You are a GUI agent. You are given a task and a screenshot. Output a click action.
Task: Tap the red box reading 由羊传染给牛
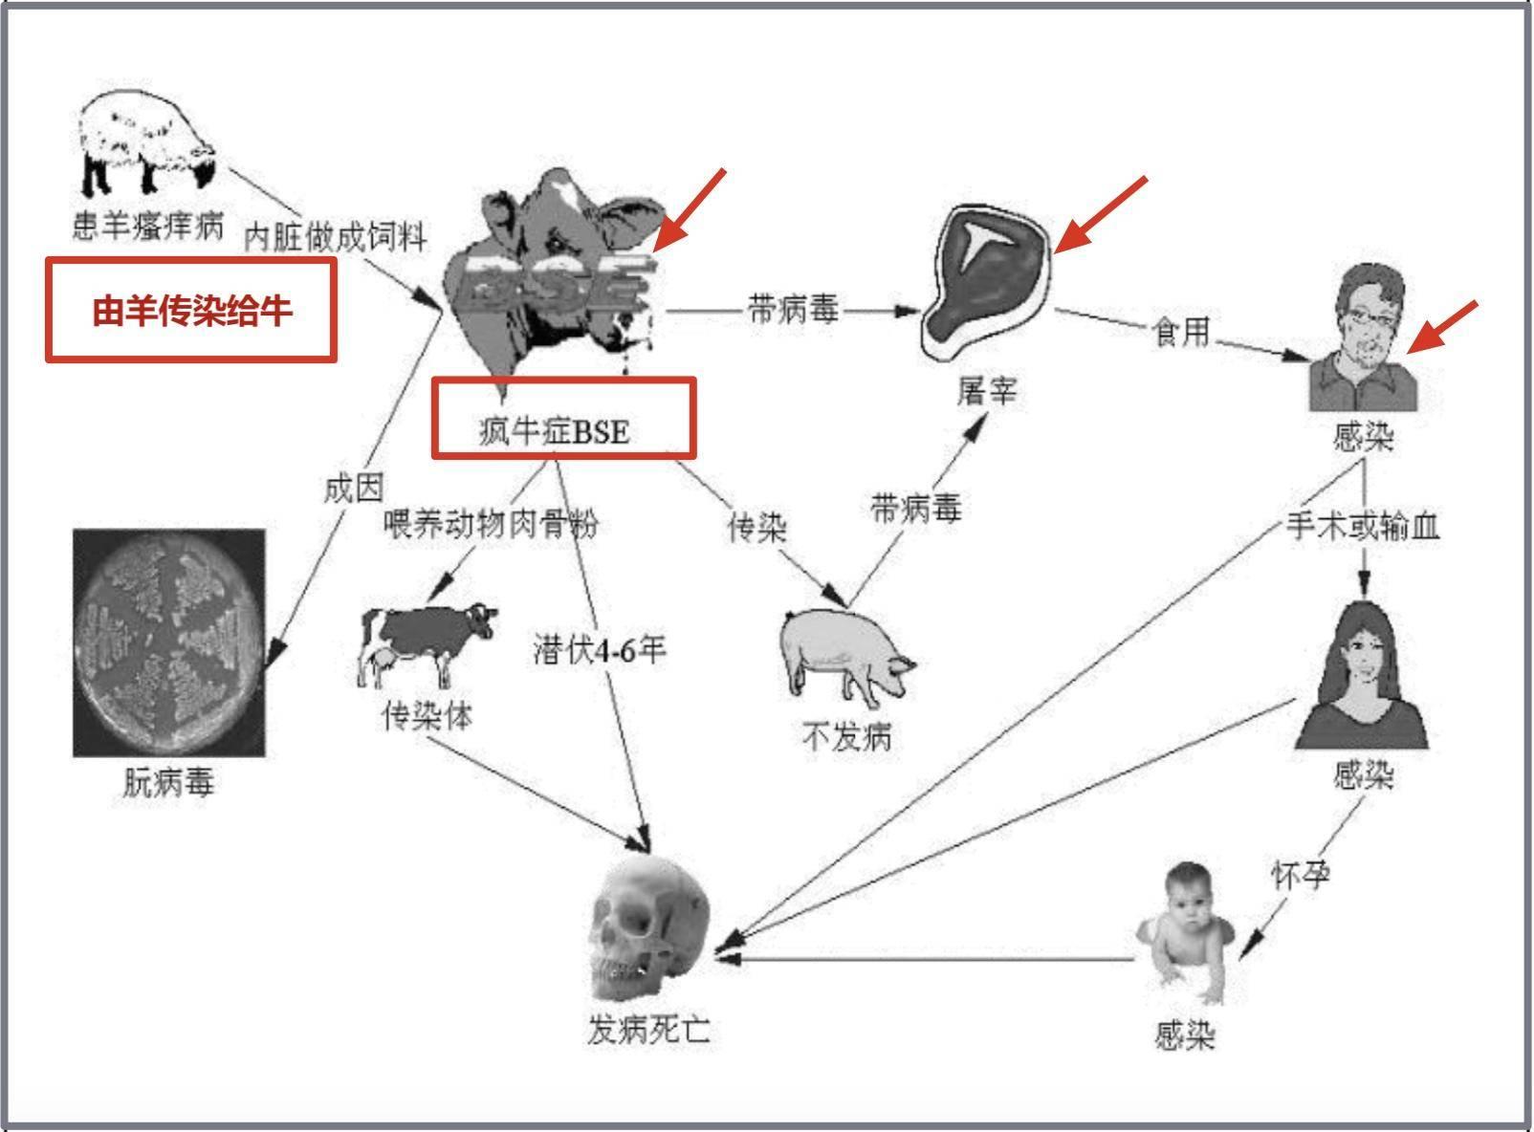(191, 310)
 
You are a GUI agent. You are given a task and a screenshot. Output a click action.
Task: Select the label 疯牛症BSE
(556, 431)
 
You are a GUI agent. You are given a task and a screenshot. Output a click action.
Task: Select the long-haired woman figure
(1362, 678)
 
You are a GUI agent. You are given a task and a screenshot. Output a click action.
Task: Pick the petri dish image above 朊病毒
(169, 642)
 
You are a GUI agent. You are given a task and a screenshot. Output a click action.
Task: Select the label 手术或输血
(1363, 526)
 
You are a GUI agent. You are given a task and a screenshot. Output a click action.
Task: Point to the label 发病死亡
(649, 1031)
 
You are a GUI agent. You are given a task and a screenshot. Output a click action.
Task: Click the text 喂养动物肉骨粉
(491, 524)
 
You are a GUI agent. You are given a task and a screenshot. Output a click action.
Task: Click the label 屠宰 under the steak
(987, 391)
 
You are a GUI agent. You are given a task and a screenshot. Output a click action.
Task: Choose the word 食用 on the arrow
(1181, 332)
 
